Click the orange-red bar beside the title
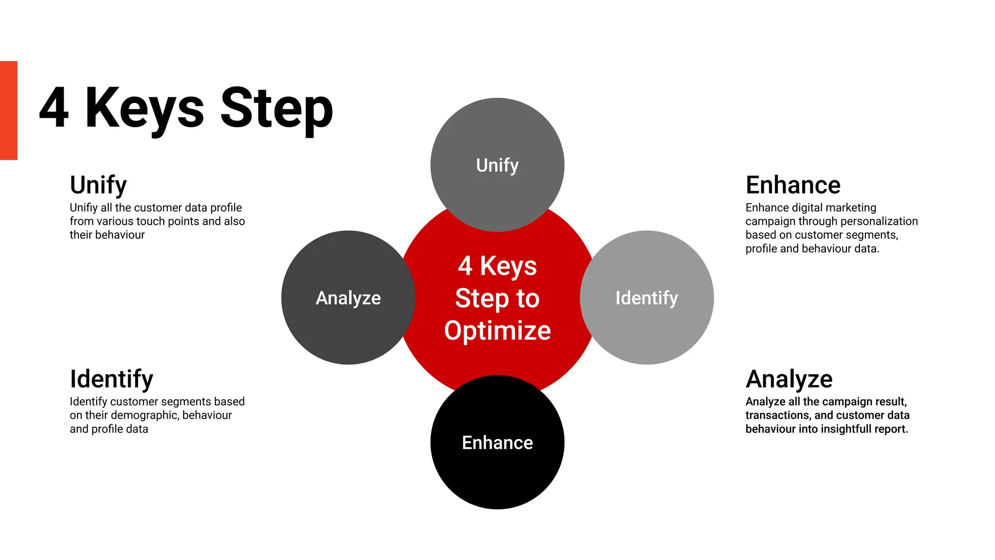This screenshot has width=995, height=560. pos(8,110)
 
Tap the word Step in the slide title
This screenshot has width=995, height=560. pos(276,109)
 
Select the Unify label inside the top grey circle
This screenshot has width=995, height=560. pos(497,165)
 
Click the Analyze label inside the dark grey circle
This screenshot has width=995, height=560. pos(348,298)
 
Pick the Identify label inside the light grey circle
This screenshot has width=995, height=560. pos(646,298)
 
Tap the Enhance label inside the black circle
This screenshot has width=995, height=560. pos(497,443)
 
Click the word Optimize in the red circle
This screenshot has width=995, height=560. pos(497,331)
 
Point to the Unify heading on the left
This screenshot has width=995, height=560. pos(98,185)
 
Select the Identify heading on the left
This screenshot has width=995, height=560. pos(111,379)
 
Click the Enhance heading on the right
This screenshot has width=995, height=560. pos(793,185)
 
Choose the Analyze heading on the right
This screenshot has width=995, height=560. pos(789,379)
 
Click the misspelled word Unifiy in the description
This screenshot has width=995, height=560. pos(84,208)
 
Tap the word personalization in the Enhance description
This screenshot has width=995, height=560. pos(879,222)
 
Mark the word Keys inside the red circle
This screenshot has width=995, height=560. pos(508,266)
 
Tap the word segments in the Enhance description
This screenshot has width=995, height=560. pos(873,235)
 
